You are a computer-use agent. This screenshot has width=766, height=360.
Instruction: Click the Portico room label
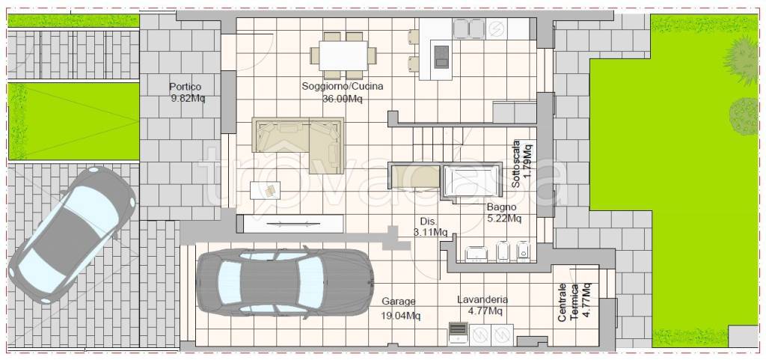pyautogui.click(x=186, y=87)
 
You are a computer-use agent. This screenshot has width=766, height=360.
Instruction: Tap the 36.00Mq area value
pyautogui.click(x=343, y=98)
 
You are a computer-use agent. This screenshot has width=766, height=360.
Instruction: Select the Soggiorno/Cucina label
pyautogui.click(x=343, y=87)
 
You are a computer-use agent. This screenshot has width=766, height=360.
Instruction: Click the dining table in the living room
pyautogui.click(x=343, y=55)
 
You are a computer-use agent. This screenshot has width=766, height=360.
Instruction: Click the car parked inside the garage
pyautogui.click(x=285, y=282)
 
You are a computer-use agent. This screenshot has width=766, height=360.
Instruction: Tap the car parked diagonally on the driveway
pyautogui.click(x=72, y=234)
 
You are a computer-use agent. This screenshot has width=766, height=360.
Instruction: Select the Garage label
pyautogui.click(x=399, y=302)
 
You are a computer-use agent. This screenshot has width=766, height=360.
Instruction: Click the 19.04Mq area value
pyautogui.click(x=401, y=316)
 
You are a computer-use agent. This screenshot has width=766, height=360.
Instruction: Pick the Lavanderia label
pyautogui.click(x=482, y=299)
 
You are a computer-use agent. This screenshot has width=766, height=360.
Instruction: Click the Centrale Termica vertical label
pyautogui.click(x=569, y=302)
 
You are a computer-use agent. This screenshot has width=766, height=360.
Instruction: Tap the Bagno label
pyautogui.click(x=502, y=207)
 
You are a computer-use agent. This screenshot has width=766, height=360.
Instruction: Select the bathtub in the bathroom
pyautogui.click(x=472, y=180)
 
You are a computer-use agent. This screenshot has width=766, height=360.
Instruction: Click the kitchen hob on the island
pyautogui.click(x=441, y=55)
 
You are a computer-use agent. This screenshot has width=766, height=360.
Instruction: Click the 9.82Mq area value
pyautogui.click(x=188, y=99)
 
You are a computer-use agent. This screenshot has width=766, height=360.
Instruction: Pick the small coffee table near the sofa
pyautogui.click(x=266, y=190)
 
